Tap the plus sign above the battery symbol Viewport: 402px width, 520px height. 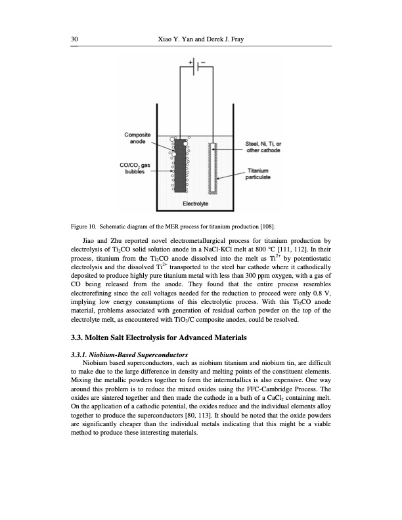192,62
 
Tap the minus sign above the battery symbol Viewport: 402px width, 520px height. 203,62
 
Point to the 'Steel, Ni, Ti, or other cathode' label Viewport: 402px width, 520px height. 264,148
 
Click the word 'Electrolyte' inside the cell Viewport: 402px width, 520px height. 195,204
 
